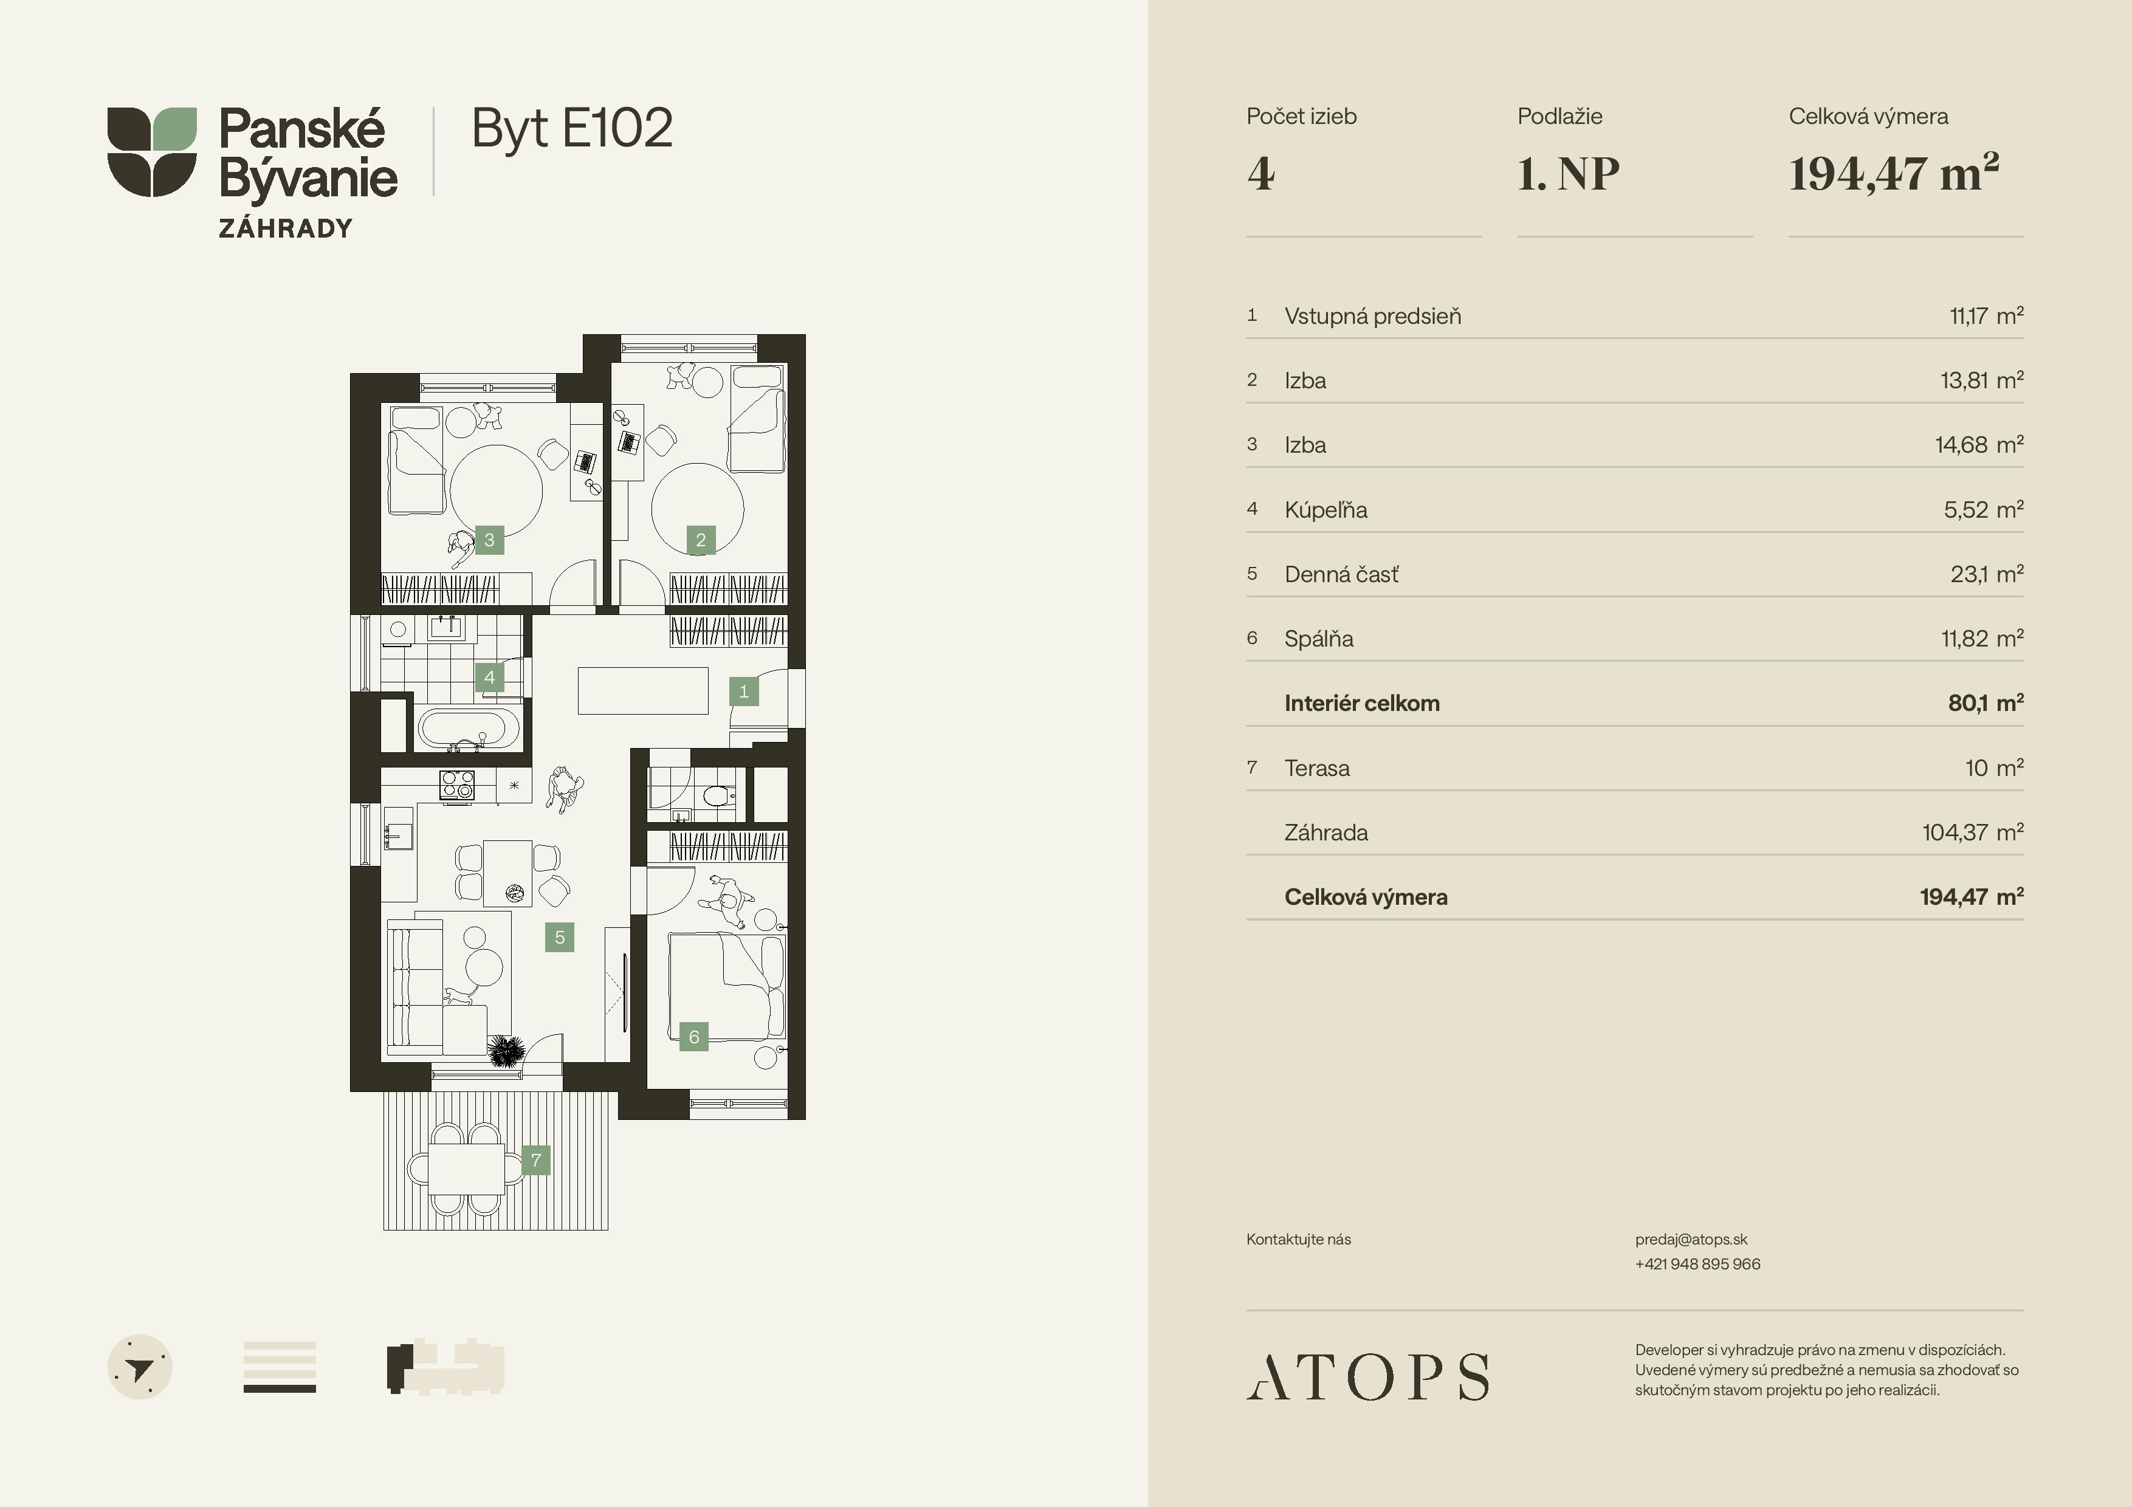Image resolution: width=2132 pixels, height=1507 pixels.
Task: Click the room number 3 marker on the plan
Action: [x=489, y=540]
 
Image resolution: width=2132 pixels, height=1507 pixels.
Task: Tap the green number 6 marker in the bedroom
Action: [x=693, y=1036]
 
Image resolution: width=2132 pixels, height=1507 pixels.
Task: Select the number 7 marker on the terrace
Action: [x=536, y=1160]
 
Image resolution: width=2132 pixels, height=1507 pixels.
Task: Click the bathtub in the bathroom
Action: [x=468, y=729]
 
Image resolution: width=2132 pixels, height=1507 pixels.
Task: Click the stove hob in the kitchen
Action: [x=457, y=786]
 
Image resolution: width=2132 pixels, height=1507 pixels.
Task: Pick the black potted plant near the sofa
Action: [x=506, y=1052]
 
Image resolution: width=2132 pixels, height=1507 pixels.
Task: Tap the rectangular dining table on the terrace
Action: [x=466, y=1168]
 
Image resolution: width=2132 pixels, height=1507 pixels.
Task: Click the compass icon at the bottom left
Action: [x=140, y=1367]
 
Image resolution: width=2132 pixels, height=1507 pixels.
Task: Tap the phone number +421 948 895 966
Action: [x=1697, y=1264]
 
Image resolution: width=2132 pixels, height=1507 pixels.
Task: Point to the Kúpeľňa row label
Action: [x=1326, y=510]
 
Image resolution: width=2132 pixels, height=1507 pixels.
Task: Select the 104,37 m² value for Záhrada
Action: [x=1972, y=832]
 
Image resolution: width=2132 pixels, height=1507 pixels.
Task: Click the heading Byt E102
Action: [x=572, y=128]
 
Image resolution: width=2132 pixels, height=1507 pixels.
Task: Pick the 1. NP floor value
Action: [x=1569, y=174]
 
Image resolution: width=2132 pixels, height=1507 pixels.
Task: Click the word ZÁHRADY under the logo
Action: [x=286, y=228]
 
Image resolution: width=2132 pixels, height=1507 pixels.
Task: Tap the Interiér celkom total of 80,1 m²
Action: [x=1986, y=703]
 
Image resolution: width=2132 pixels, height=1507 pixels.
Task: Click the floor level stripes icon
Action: [x=280, y=1367]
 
